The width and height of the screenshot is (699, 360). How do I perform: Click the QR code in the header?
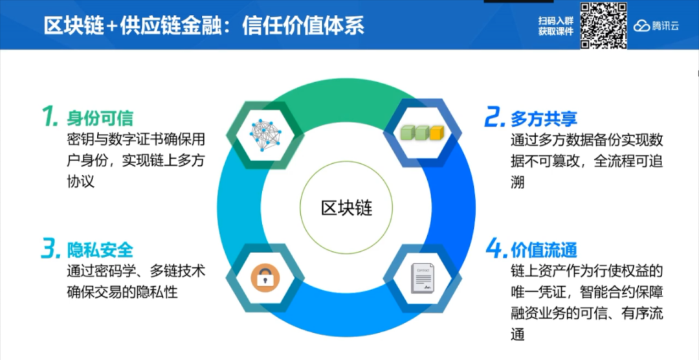coord(603,25)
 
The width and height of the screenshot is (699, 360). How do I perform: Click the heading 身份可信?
coord(100,118)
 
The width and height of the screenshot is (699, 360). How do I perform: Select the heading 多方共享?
coord(544,118)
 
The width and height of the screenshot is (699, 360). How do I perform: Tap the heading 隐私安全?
coord(100,249)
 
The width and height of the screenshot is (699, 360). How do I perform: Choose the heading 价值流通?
coord(544,249)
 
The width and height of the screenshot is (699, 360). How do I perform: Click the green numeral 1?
coord(51,117)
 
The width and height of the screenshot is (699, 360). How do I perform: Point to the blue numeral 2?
coord(494,118)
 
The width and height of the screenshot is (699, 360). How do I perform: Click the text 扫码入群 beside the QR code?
coord(556,20)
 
